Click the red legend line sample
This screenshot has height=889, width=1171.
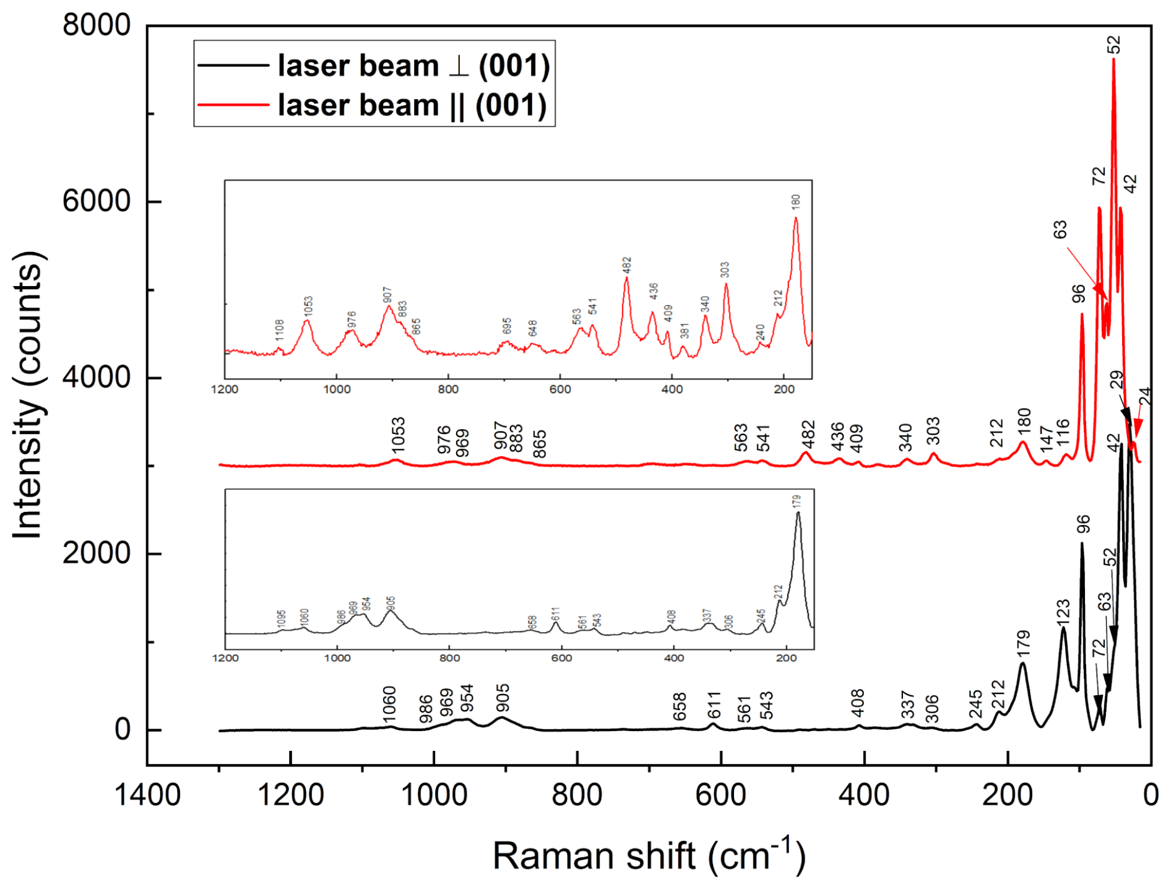pyautogui.click(x=233, y=105)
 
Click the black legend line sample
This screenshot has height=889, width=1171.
pyautogui.click(x=233, y=65)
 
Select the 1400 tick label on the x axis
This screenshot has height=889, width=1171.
pyautogui.click(x=147, y=794)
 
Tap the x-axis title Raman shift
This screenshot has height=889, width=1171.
pyautogui.click(x=649, y=856)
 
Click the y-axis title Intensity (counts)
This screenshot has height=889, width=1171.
pyautogui.click(x=27, y=396)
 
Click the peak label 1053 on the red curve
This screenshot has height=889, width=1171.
pyautogui.click(x=397, y=435)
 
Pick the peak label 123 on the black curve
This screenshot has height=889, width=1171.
pyautogui.click(x=1063, y=614)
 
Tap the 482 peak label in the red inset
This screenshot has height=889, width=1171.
pyautogui.click(x=627, y=265)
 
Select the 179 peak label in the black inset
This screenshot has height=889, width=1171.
pyautogui.click(x=796, y=501)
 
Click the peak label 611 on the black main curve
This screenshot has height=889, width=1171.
pyautogui.click(x=714, y=705)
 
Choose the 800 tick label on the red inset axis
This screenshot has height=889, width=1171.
pyautogui.click(x=448, y=389)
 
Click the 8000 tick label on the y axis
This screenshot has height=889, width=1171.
pyautogui.click(x=97, y=25)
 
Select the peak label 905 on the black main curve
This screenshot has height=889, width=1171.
pyautogui.click(x=503, y=697)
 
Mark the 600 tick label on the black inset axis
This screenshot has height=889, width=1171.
pyautogui.click(x=561, y=658)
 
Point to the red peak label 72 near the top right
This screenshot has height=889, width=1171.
pyautogui.click(x=1099, y=176)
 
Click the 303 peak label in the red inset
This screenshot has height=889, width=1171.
pyautogui.click(x=725, y=270)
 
